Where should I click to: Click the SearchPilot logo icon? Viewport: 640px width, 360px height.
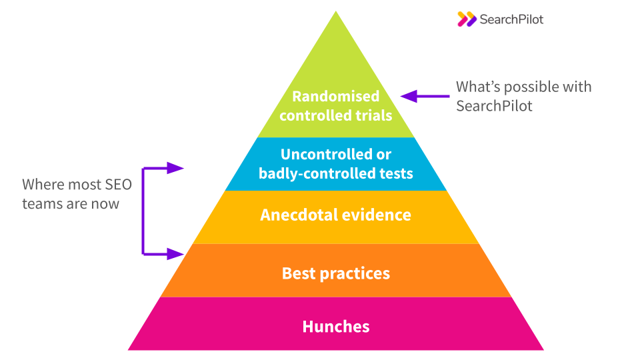(467, 19)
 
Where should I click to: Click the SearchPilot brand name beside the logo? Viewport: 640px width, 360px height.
(511, 19)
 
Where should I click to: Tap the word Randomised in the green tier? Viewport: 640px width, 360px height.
(335, 96)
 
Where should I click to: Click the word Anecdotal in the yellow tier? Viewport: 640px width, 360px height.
(298, 215)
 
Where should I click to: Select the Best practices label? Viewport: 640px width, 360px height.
(335, 273)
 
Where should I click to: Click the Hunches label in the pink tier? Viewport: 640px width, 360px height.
(335, 326)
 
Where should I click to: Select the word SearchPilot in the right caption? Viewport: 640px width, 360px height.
(494, 106)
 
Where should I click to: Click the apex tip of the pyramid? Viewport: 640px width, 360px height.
(336, 11)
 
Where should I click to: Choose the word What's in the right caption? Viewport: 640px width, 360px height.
(478, 87)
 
